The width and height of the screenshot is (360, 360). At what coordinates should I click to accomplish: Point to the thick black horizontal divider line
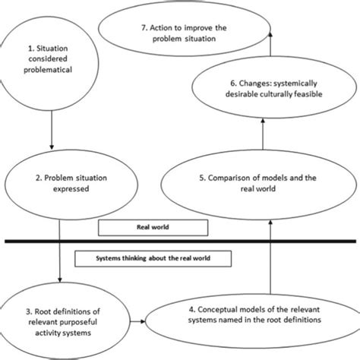point(180,242)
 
